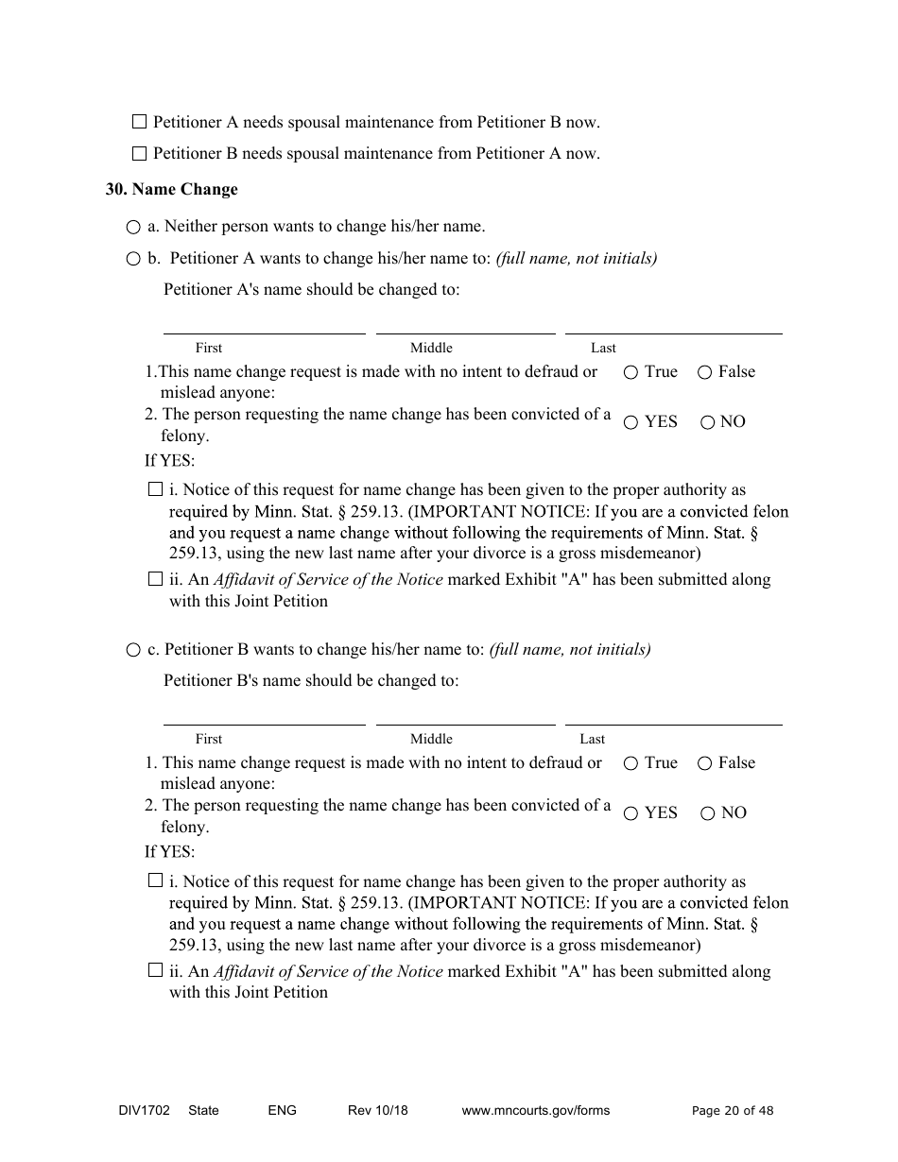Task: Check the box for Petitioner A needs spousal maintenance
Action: coord(140,122)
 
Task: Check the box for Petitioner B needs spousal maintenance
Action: coord(140,153)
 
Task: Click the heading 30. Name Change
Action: coord(171,189)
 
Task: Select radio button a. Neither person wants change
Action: coord(133,228)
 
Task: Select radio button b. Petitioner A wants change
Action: coord(133,259)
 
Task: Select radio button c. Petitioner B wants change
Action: coord(133,650)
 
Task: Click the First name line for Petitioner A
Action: coord(264,325)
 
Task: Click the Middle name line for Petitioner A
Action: coord(465,325)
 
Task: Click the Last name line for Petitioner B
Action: coord(673,716)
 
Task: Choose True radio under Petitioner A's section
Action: coord(630,373)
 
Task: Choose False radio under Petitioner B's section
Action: coord(704,764)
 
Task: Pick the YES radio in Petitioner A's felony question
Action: coord(630,423)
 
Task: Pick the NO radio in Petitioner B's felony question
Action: coord(707,814)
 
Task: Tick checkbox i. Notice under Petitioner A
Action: coord(156,489)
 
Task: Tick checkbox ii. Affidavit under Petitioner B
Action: coord(156,970)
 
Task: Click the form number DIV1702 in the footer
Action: coord(138,1110)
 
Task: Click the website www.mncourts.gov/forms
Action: coord(535,1110)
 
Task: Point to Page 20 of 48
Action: coord(732,1111)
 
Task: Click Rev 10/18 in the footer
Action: coord(377,1110)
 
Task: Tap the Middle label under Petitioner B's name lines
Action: coord(431,739)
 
